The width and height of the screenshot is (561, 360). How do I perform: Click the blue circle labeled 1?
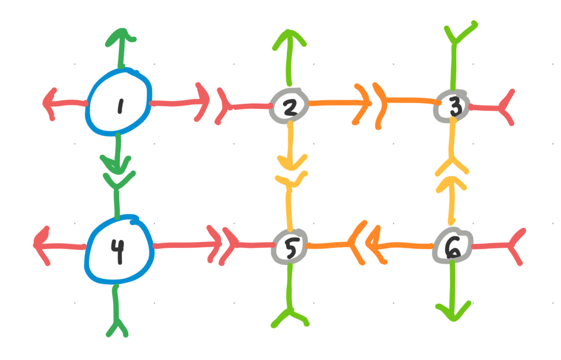(118, 102)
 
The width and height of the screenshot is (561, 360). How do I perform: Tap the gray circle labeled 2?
(289, 106)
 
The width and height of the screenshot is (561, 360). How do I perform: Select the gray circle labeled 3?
(452, 106)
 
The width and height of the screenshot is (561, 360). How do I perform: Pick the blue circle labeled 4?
(119, 250)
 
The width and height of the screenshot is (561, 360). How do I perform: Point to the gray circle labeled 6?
(453, 247)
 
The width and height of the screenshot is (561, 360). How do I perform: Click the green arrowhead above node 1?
(122, 36)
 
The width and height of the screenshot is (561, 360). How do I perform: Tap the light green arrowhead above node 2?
(289, 38)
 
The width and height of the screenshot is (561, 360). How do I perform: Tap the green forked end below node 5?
(290, 317)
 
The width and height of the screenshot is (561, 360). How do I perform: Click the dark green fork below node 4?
(117, 327)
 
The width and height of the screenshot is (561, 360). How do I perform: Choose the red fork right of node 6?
(514, 246)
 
